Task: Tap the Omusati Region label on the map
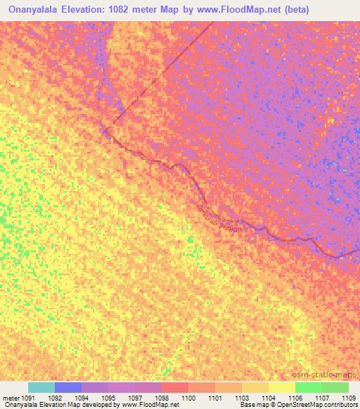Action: point(219,219)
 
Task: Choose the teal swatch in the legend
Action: point(41,387)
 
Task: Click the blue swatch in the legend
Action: point(68,387)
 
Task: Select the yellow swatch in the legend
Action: point(281,387)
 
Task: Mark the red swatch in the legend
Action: point(174,387)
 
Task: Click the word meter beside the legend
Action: point(11,397)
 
